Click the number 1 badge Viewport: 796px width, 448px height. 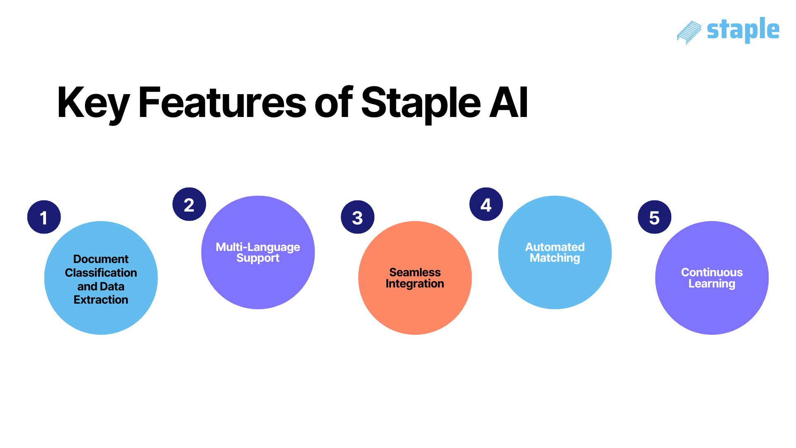click(x=44, y=217)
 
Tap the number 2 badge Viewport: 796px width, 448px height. click(x=189, y=205)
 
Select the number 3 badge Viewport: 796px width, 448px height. click(x=357, y=217)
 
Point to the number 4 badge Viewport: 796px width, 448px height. click(x=486, y=205)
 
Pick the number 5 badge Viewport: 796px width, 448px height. click(x=654, y=217)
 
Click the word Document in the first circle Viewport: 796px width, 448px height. click(x=101, y=259)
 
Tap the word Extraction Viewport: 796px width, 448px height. click(x=101, y=300)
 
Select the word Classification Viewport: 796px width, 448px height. click(x=101, y=273)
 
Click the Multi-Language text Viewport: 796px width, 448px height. click(x=258, y=247)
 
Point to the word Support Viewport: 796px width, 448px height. click(x=258, y=258)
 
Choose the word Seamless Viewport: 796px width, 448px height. click(x=415, y=273)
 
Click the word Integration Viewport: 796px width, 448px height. click(x=415, y=284)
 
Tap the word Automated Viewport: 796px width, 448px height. click(x=555, y=247)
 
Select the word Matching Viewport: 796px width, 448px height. click(x=555, y=258)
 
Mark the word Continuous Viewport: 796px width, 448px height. click(x=712, y=273)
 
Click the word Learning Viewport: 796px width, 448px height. click(x=712, y=284)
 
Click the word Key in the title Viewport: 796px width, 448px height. click(x=93, y=103)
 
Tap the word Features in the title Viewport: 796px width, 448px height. click(x=222, y=103)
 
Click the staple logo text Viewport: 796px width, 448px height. click(x=743, y=30)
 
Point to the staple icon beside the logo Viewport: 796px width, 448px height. click(x=689, y=32)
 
